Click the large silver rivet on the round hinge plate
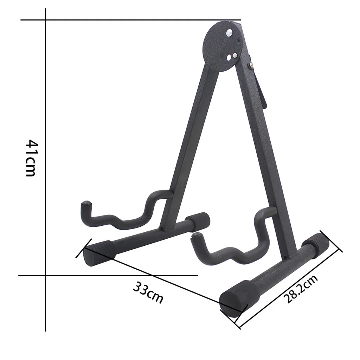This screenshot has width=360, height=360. coord(230,33)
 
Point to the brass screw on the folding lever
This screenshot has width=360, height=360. coord(252,65)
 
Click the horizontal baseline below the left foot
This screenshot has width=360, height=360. coord(141,275)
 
